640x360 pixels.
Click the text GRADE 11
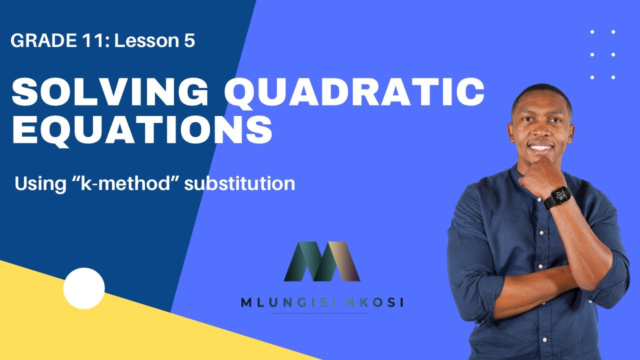tap(58, 41)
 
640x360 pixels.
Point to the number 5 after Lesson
tap(188, 41)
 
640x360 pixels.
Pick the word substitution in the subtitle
tap(239, 184)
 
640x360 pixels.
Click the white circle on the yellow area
tap(84, 288)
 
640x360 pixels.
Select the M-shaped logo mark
tap(321, 261)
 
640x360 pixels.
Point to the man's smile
tap(541, 148)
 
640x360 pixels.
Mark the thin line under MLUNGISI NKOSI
tap(320, 313)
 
